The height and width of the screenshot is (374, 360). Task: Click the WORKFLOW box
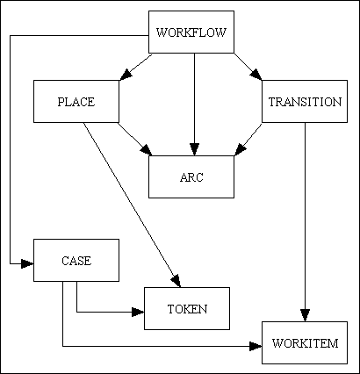point(191,33)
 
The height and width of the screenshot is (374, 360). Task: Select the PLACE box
point(76,102)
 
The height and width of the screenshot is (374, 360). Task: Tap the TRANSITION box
point(304,102)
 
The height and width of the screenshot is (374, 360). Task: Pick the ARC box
point(191,176)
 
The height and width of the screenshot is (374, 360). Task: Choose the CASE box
point(76,260)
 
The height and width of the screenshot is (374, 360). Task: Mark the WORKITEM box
point(304,342)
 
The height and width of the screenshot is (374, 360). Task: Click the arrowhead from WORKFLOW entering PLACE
point(125,76)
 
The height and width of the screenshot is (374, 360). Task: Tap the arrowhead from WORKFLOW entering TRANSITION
point(256,76)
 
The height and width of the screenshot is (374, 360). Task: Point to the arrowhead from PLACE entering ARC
point(145,147)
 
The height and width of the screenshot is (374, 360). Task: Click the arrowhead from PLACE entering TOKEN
point(175,280)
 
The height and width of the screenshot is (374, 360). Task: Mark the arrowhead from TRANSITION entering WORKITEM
point(305,315)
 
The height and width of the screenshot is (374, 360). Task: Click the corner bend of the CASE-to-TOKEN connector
point(76,311)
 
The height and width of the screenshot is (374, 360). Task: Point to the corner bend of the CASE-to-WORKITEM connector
point(62,346)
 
